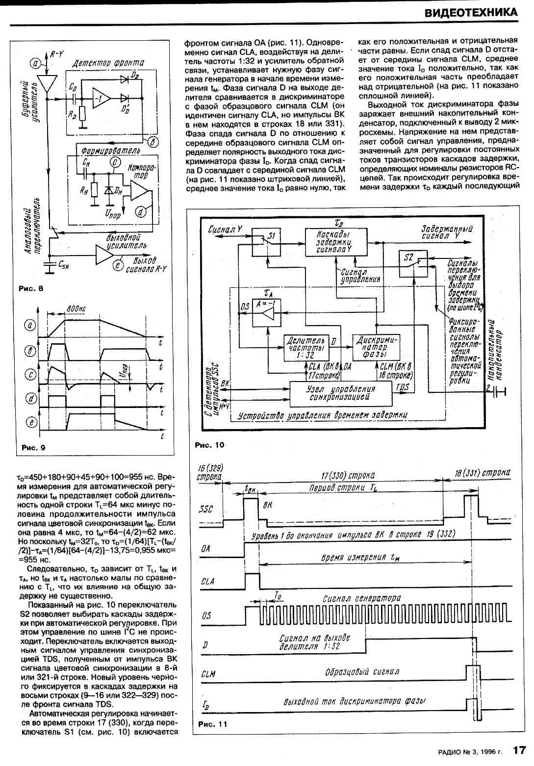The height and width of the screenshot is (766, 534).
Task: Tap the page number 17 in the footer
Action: click(x=519, y=750)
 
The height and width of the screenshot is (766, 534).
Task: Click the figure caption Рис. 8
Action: click(x=30, y=288)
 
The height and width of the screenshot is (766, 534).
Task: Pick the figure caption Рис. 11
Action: click(x=213, y=725)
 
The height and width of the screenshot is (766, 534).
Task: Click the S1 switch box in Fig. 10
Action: click(x=266, y=241)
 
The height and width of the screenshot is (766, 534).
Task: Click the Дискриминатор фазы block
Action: click(x=377, y=347)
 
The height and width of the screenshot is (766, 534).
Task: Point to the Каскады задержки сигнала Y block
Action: click(x=333, y=241)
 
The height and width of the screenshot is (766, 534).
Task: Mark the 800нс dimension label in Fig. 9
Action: click(x=75, y=309)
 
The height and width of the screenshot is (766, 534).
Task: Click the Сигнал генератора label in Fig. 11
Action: click(x=361, y=598)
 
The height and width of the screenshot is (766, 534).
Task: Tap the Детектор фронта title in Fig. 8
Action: click(x=108, y=63)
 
